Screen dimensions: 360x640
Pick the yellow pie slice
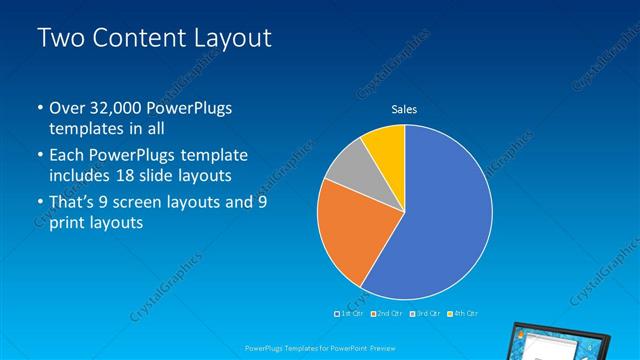tap(385, 143)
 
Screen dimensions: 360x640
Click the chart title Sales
tap(404, 109)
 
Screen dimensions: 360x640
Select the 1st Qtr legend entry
tap(349, 314)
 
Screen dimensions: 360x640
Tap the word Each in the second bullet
tap(66, 156)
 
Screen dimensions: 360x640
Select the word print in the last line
tap(69, 223)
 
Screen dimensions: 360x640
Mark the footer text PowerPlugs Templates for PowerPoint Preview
tap(319, 347)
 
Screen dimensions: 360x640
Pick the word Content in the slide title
tap(136, 39)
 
